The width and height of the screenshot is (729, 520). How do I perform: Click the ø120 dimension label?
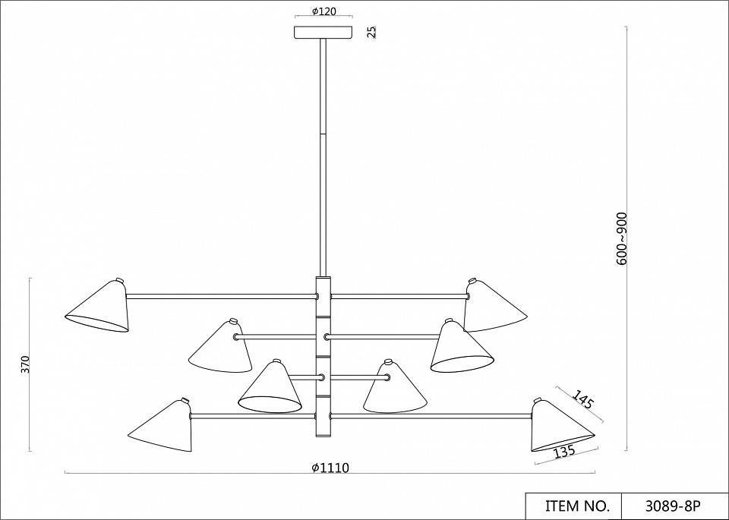coord(324,11)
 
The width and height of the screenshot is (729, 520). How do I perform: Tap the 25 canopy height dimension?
coord(371,32)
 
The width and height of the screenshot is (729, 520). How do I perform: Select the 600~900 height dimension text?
coord(622,239)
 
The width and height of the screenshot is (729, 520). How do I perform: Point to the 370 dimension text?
coord(25,364)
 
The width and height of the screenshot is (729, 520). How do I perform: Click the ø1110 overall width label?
coord(330,468)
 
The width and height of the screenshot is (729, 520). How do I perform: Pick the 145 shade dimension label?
coord(582,399)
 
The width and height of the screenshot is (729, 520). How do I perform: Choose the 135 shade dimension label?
coord(565,451)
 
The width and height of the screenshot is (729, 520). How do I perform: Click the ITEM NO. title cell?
coord(574,506)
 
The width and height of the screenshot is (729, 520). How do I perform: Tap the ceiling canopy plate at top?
coord(323,32)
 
